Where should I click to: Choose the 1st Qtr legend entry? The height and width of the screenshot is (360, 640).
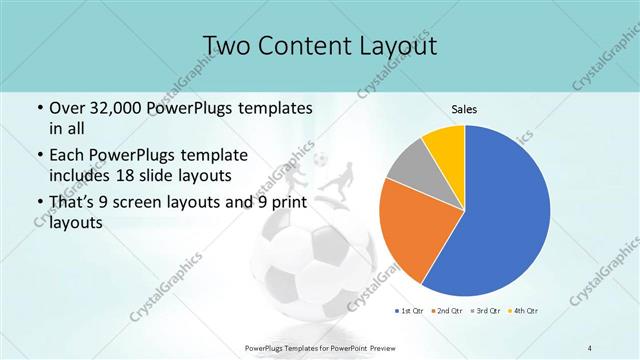tap(410, 311)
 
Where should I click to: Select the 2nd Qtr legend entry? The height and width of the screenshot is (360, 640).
tap(446, 311)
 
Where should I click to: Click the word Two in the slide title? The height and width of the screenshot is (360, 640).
tap(228, 46)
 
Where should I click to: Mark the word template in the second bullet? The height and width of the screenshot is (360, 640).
tap(211, 155)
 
